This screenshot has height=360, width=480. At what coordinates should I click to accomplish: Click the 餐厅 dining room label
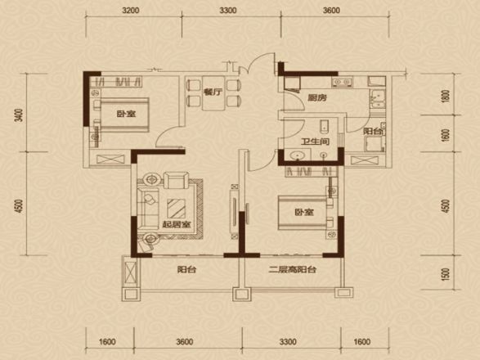(x=213, y=92)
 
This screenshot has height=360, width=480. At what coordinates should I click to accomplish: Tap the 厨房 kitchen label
(x=317, y=97)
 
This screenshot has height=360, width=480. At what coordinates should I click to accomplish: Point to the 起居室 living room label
(x=177, y=225)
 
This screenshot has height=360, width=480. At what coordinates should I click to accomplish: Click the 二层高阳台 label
(x=293, y=270)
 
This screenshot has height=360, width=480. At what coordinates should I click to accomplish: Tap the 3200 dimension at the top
(x=130, y=11)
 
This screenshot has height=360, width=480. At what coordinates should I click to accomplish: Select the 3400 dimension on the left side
(x=20, y=115)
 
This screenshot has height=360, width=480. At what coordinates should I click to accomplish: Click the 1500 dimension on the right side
(x=446, y=274)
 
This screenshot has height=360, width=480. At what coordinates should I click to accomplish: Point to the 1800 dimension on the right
(x=446, y=97)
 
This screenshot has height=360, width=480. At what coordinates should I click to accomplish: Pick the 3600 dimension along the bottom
(x=185, y=342)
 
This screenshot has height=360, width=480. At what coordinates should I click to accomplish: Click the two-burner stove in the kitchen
(x=342, y=82)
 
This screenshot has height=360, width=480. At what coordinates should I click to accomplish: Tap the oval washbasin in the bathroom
(x=298, y=155)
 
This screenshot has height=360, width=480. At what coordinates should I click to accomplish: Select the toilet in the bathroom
(x=324, y=127)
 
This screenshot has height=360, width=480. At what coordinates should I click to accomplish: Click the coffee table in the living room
(x=177, y=209)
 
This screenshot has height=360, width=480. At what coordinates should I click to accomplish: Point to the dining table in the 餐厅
(x=213, y=93)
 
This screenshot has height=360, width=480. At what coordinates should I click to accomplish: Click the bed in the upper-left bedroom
(x=122, y=115)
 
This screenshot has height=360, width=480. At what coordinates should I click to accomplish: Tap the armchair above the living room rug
(x=176, y=181)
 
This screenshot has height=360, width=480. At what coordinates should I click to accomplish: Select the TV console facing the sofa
(x=235, y=211)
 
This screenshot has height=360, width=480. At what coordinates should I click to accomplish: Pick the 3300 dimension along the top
(x=228, y=11)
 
